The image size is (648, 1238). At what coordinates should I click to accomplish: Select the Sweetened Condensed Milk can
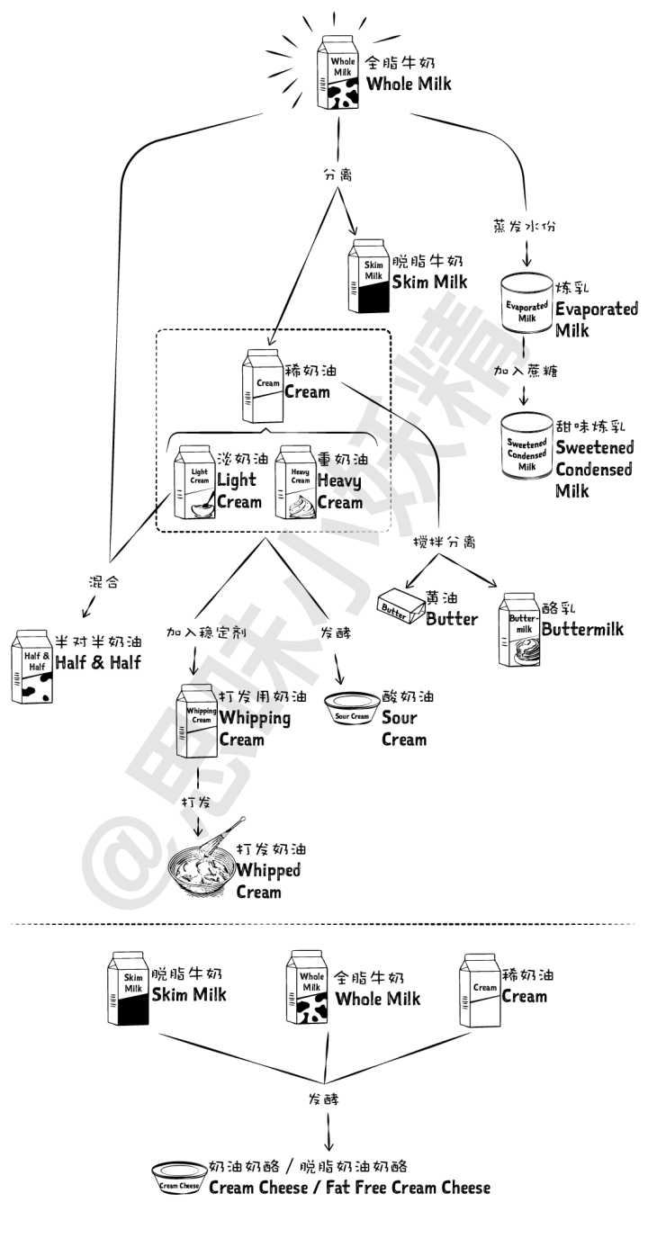[x=527, y=446]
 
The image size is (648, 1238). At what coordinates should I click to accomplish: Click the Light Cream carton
[x=194, y=482]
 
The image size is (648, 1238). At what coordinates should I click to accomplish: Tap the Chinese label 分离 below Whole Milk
[x=337, y=176]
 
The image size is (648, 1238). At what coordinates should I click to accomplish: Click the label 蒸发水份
[x=525, y=226]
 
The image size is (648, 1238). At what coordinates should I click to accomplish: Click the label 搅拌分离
[x=444, y=543]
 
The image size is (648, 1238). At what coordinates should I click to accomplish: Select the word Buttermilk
[x=582, y=629]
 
